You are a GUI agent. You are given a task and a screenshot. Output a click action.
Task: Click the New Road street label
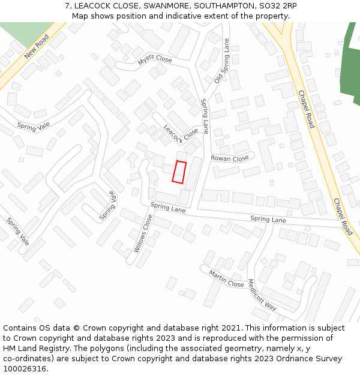pyautogui.click(x=37, y=47)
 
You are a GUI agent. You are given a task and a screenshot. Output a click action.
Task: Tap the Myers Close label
pyautogui.click(x=154, y=59)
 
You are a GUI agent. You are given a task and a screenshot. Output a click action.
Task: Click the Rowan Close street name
pyautogui.click(x=229, y=158)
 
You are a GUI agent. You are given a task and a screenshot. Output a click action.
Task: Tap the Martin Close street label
pyautogui.click(x=226, y=278)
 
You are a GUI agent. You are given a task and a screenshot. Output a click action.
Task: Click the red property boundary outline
pyautogui.click(x=179, y=172)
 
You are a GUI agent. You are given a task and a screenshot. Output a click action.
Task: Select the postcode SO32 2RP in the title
pyautogui.click(x=277, y=6)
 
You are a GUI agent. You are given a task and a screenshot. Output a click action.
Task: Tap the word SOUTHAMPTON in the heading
pyautogui.click(x=224, y=6)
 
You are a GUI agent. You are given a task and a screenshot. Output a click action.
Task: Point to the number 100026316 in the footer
pyautogui.click(x=25, y=369)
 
